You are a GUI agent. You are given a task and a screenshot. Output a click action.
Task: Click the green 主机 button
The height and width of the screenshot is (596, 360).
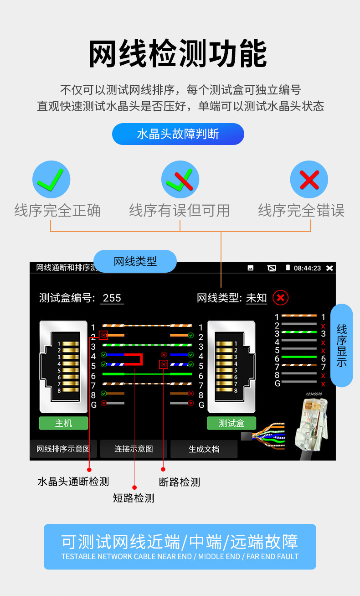click(63, 423)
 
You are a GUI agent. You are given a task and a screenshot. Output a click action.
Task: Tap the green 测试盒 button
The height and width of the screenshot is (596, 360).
click(231, 423)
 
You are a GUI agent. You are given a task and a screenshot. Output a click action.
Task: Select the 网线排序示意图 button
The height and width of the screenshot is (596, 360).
click(63, 449)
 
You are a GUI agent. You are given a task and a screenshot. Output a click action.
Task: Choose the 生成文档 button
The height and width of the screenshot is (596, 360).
click(204, 449)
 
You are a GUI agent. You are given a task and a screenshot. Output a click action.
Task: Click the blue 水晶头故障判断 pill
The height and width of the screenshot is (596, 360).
click(178, 134)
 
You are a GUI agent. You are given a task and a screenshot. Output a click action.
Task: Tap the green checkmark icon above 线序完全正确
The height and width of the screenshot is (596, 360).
click(51, 180)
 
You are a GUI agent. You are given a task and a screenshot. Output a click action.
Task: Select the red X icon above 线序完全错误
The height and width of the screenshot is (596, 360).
click(309, 180)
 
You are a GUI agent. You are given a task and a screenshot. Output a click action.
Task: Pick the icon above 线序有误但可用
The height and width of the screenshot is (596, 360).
click(180, 180)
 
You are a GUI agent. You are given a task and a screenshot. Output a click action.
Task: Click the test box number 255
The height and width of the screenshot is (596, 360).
click(112, 298)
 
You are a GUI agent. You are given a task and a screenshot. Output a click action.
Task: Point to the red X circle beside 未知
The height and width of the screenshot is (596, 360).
click(280, 298)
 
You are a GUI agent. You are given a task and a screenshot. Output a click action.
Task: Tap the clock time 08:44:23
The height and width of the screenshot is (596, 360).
click(307, 268)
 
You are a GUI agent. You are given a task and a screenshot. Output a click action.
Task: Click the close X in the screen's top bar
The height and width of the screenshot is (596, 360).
click(330, 268)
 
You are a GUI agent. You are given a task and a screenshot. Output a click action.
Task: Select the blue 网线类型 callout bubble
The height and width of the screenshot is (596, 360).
click(135, 261)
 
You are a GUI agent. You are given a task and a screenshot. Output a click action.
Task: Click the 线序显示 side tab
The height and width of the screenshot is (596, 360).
click(341, 345)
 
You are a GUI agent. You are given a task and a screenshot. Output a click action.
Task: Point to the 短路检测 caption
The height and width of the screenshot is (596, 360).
click(134, 498)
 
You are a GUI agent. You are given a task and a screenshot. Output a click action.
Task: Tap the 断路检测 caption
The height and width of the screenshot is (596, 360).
click(180, 482)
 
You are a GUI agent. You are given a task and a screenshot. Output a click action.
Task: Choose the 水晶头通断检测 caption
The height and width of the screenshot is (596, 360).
click(73, 482)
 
